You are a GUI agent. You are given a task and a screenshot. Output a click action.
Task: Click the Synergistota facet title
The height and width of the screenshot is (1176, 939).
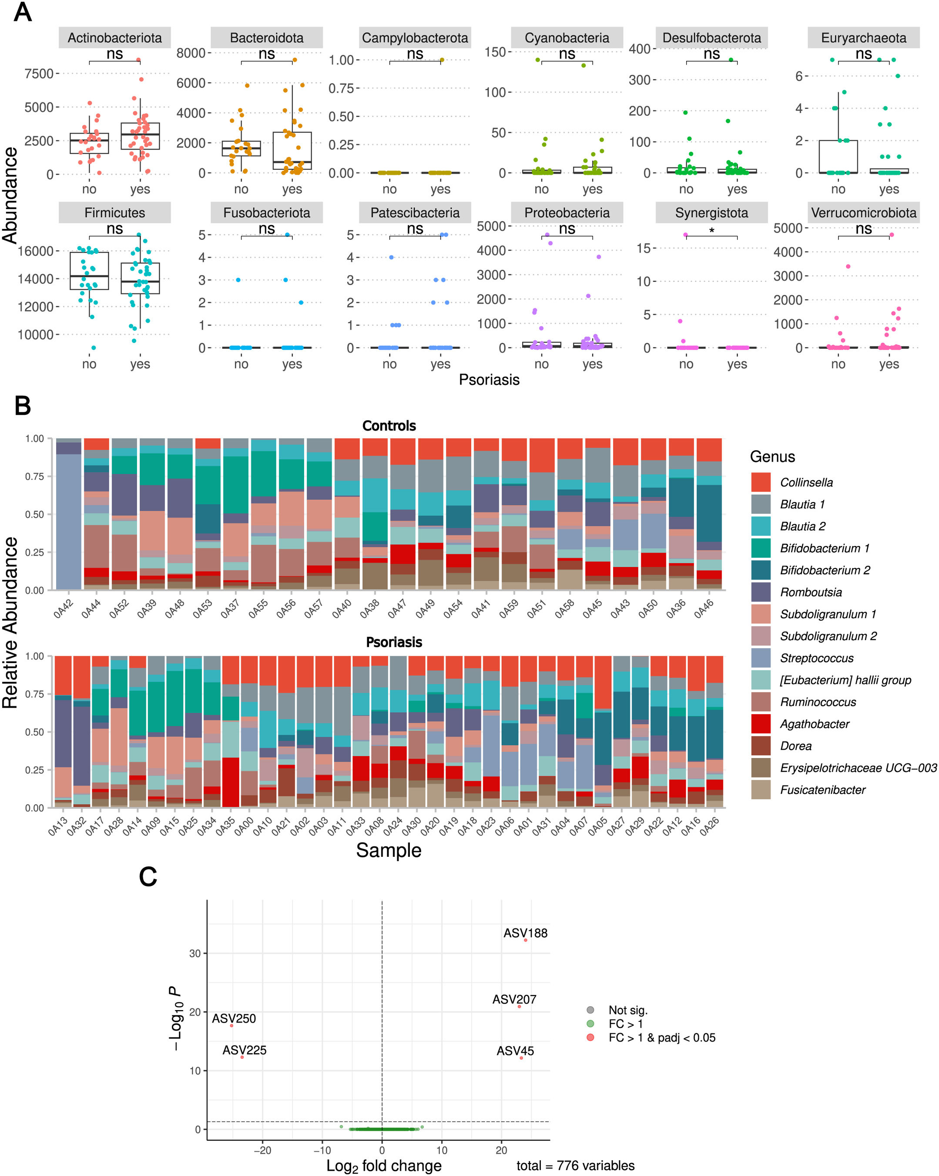711,213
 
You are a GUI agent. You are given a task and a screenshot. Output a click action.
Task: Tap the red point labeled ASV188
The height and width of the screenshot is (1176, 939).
525,940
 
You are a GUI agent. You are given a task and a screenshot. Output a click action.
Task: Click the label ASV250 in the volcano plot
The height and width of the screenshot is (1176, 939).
234,1018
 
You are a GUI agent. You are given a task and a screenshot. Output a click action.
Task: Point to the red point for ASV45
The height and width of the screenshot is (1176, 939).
521,1058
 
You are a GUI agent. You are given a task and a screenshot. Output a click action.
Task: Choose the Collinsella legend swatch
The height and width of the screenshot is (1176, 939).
760,482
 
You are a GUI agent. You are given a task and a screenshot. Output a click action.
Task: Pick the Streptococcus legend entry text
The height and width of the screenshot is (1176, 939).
816,658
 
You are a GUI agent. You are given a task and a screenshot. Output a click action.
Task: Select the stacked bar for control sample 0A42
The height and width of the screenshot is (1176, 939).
69,518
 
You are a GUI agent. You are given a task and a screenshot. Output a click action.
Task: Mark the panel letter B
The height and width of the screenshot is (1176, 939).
22,406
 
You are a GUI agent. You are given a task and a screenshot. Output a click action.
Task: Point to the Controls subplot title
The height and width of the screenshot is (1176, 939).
389,425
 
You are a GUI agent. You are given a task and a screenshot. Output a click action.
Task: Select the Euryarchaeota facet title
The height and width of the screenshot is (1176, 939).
863,37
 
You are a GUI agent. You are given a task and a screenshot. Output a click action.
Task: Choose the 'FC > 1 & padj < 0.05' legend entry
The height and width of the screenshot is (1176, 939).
661,1038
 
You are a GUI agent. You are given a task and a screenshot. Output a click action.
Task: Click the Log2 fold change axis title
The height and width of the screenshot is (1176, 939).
384,1166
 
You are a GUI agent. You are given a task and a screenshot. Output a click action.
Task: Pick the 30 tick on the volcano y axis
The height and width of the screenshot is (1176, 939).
195,954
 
